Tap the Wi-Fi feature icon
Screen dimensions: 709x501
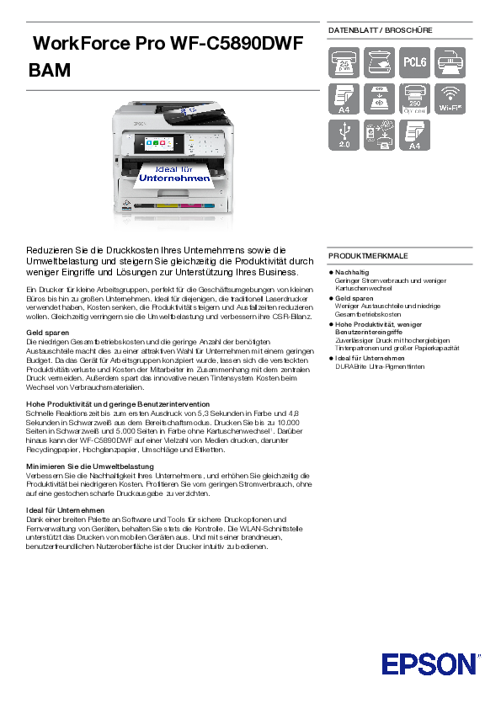click(x=450, y=98)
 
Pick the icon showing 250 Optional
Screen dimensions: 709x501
click(x=414, y=98)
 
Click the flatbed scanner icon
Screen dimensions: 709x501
click(x=379, y=61)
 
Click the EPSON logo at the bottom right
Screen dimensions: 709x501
click(x=429, y=664)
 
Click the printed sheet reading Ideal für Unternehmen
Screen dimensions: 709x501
click(x=174, y=173)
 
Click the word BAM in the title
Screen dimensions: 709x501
click(x=50, y=70)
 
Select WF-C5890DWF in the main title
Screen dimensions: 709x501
click(x=237, y=44)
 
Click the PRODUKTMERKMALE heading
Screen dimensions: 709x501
click(x=368, y=255)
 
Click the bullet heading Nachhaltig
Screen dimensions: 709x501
click(x=351, y=273)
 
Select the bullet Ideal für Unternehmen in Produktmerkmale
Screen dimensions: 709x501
click(x=370, y=359)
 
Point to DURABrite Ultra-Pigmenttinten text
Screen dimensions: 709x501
click(x=380, y=366)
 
